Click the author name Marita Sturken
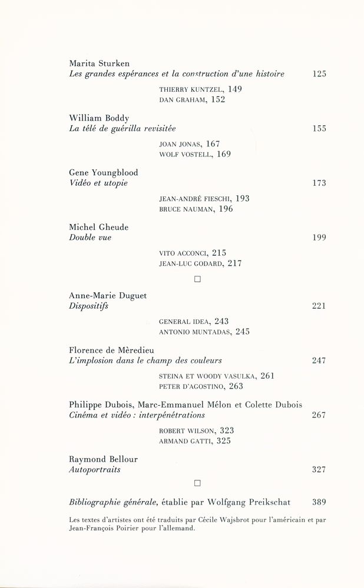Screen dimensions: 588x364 tap(99, 63)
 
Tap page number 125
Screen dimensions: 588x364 tap(319, 74)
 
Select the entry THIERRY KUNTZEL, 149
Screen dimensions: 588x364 tap(200, 89)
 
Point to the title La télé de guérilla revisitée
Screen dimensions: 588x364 tap(123, 128)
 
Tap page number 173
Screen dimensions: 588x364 tap(319, 183)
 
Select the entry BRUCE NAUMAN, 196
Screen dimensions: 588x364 tap(196, 209)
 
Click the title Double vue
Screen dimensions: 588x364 tap(90, 238)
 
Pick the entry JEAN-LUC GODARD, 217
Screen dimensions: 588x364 tap(201, 264)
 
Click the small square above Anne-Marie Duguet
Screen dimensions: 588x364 tap(197, 280)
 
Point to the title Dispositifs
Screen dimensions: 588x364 tap(89, 306)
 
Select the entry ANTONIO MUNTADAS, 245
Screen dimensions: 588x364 tap(204, 332)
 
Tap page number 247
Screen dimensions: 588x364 tap(319, 360)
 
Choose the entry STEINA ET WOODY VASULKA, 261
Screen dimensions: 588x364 tap(217, 376)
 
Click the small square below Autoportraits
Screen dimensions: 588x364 tap(197, 483)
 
